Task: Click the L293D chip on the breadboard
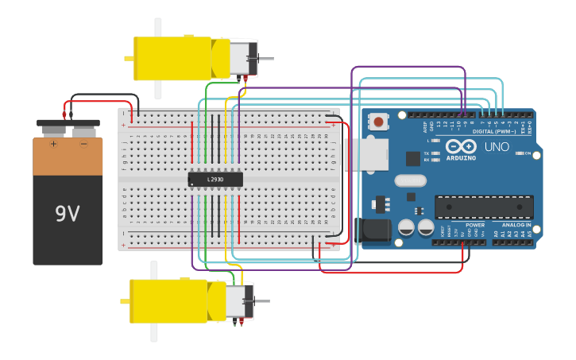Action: (x=215, y=179)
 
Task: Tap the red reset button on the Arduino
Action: (x=379, y=122)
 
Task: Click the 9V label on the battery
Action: (x=68, y=213)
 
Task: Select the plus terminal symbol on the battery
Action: (x=53, y=144)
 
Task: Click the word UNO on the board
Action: (x=497, y=146)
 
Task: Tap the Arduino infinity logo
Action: (x=461, y=146)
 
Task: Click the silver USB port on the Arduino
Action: (x=368, y=154)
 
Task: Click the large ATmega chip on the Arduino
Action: (x=484, y=207)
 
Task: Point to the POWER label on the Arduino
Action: (x=475, y=225)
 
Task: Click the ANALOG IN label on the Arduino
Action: (x=516, y=225)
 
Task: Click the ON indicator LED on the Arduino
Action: (x=519, y=153)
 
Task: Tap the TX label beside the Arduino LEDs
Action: (x=426, y=153)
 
